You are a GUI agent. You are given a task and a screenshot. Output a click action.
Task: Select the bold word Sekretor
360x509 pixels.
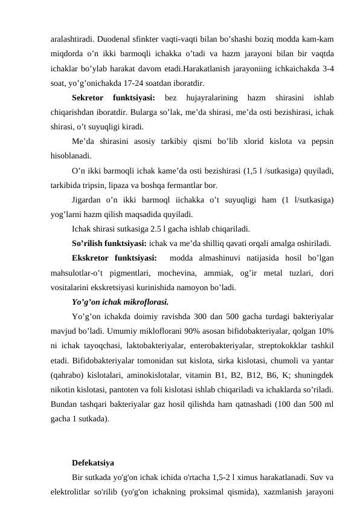coord(87,97)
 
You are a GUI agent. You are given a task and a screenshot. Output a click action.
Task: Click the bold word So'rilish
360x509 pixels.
coord(89,243)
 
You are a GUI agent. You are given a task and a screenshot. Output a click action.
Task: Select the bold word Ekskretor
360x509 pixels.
coord(92,258)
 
